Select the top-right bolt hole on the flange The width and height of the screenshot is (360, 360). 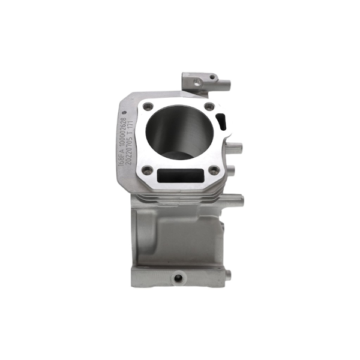click(x=208, y=107)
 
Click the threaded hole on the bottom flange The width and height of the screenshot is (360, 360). click(x=178, y=278)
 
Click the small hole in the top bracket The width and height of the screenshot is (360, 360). click(x=212, y=77)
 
